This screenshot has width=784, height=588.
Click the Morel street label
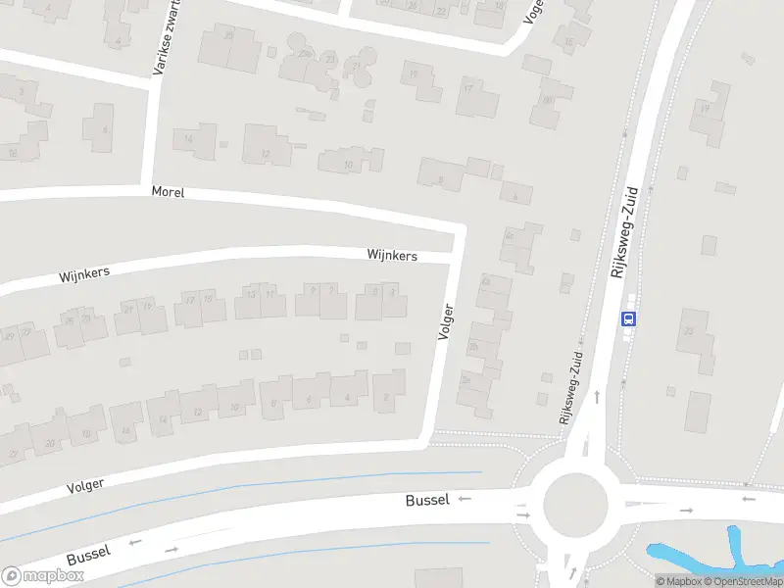[168, 193]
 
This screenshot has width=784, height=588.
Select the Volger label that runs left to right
[85, 484]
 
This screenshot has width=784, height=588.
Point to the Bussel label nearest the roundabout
[427, 500]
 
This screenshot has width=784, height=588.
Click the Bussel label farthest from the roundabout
[88, 554]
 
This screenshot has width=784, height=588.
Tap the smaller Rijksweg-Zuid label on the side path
[571, 387]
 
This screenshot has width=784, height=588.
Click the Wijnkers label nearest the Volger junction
[392, 256]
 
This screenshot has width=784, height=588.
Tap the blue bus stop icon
[628, 318]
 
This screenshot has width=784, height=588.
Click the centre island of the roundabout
[575, 505]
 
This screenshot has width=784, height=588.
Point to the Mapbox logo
[42, 576]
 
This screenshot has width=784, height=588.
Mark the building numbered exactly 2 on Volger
[388, 395]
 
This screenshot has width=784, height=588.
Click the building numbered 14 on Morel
[194, 139]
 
